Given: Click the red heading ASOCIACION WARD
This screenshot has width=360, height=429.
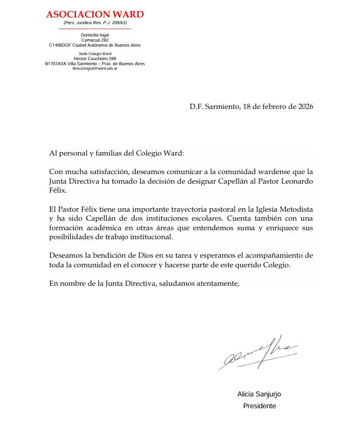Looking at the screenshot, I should click(x=95, y=14).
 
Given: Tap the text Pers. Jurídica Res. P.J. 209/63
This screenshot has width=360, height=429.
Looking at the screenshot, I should click(x=95, y=22).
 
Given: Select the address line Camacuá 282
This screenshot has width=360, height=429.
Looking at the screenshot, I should click(x=95, y=40).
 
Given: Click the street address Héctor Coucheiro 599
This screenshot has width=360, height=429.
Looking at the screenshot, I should click(x=95, y=59).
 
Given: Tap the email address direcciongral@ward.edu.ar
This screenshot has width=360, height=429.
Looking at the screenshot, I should click(x=95, y=68).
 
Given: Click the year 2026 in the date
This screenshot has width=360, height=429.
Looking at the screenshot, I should click(x=304, y=107).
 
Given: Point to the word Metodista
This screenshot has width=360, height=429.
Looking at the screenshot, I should click(x=293, y=209).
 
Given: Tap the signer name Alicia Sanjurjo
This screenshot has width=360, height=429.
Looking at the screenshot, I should click(x=259, y=394).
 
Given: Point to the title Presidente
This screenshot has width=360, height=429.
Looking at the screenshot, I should click(x=259, y=406).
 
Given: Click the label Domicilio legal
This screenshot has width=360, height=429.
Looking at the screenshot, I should click(x=95, y=35).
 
